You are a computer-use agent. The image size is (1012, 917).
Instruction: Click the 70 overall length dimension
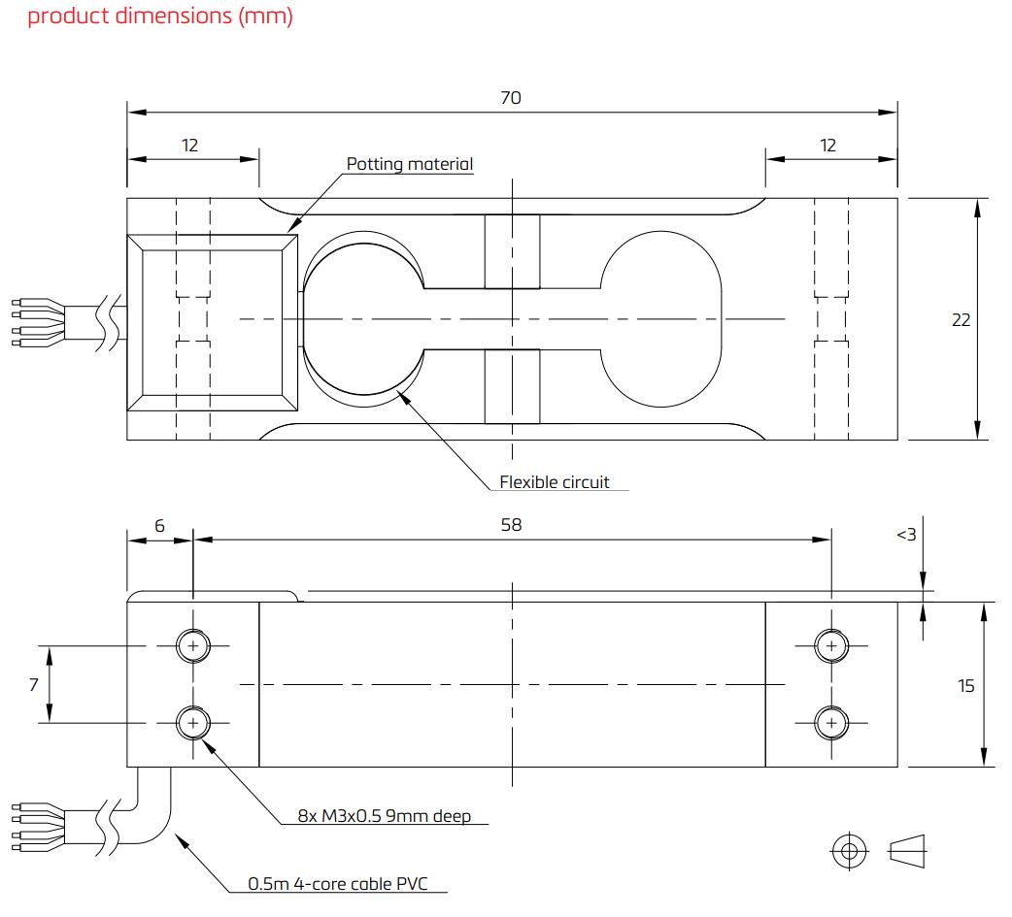point(511,97)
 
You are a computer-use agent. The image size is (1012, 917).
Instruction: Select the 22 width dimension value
point(961,319)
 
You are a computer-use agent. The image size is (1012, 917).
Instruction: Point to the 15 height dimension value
point(965,685)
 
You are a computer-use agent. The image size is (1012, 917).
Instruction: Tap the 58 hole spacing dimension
point(511,524)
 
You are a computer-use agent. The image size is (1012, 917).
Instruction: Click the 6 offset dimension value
point(160,525)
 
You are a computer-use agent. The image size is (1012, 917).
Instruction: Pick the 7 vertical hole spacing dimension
point(34,684)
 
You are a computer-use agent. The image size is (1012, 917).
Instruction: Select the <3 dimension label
point(906,534)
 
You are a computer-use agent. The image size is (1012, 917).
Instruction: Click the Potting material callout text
point(410,164)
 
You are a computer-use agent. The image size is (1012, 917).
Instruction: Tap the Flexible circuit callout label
point(555,481)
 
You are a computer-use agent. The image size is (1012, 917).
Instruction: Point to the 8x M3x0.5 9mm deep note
point(398,815)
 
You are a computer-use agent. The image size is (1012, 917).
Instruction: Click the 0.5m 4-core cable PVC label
point(337,883)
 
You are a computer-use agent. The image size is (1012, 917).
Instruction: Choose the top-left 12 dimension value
point(189,146)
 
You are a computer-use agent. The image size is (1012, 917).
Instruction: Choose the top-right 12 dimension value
point(827,146)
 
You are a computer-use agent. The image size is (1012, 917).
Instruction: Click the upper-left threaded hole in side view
point(193,645)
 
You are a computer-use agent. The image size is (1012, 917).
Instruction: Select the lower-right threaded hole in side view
point(830,723)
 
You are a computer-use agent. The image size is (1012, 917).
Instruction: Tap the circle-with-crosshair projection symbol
point(850,851)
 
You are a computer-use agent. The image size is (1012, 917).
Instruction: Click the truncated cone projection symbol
point(907,851)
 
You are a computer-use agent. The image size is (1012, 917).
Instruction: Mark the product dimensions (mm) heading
point(160,16)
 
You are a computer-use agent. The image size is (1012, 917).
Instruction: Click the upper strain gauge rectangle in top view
point(512,252)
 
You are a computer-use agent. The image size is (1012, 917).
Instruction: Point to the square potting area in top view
point(213,319)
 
